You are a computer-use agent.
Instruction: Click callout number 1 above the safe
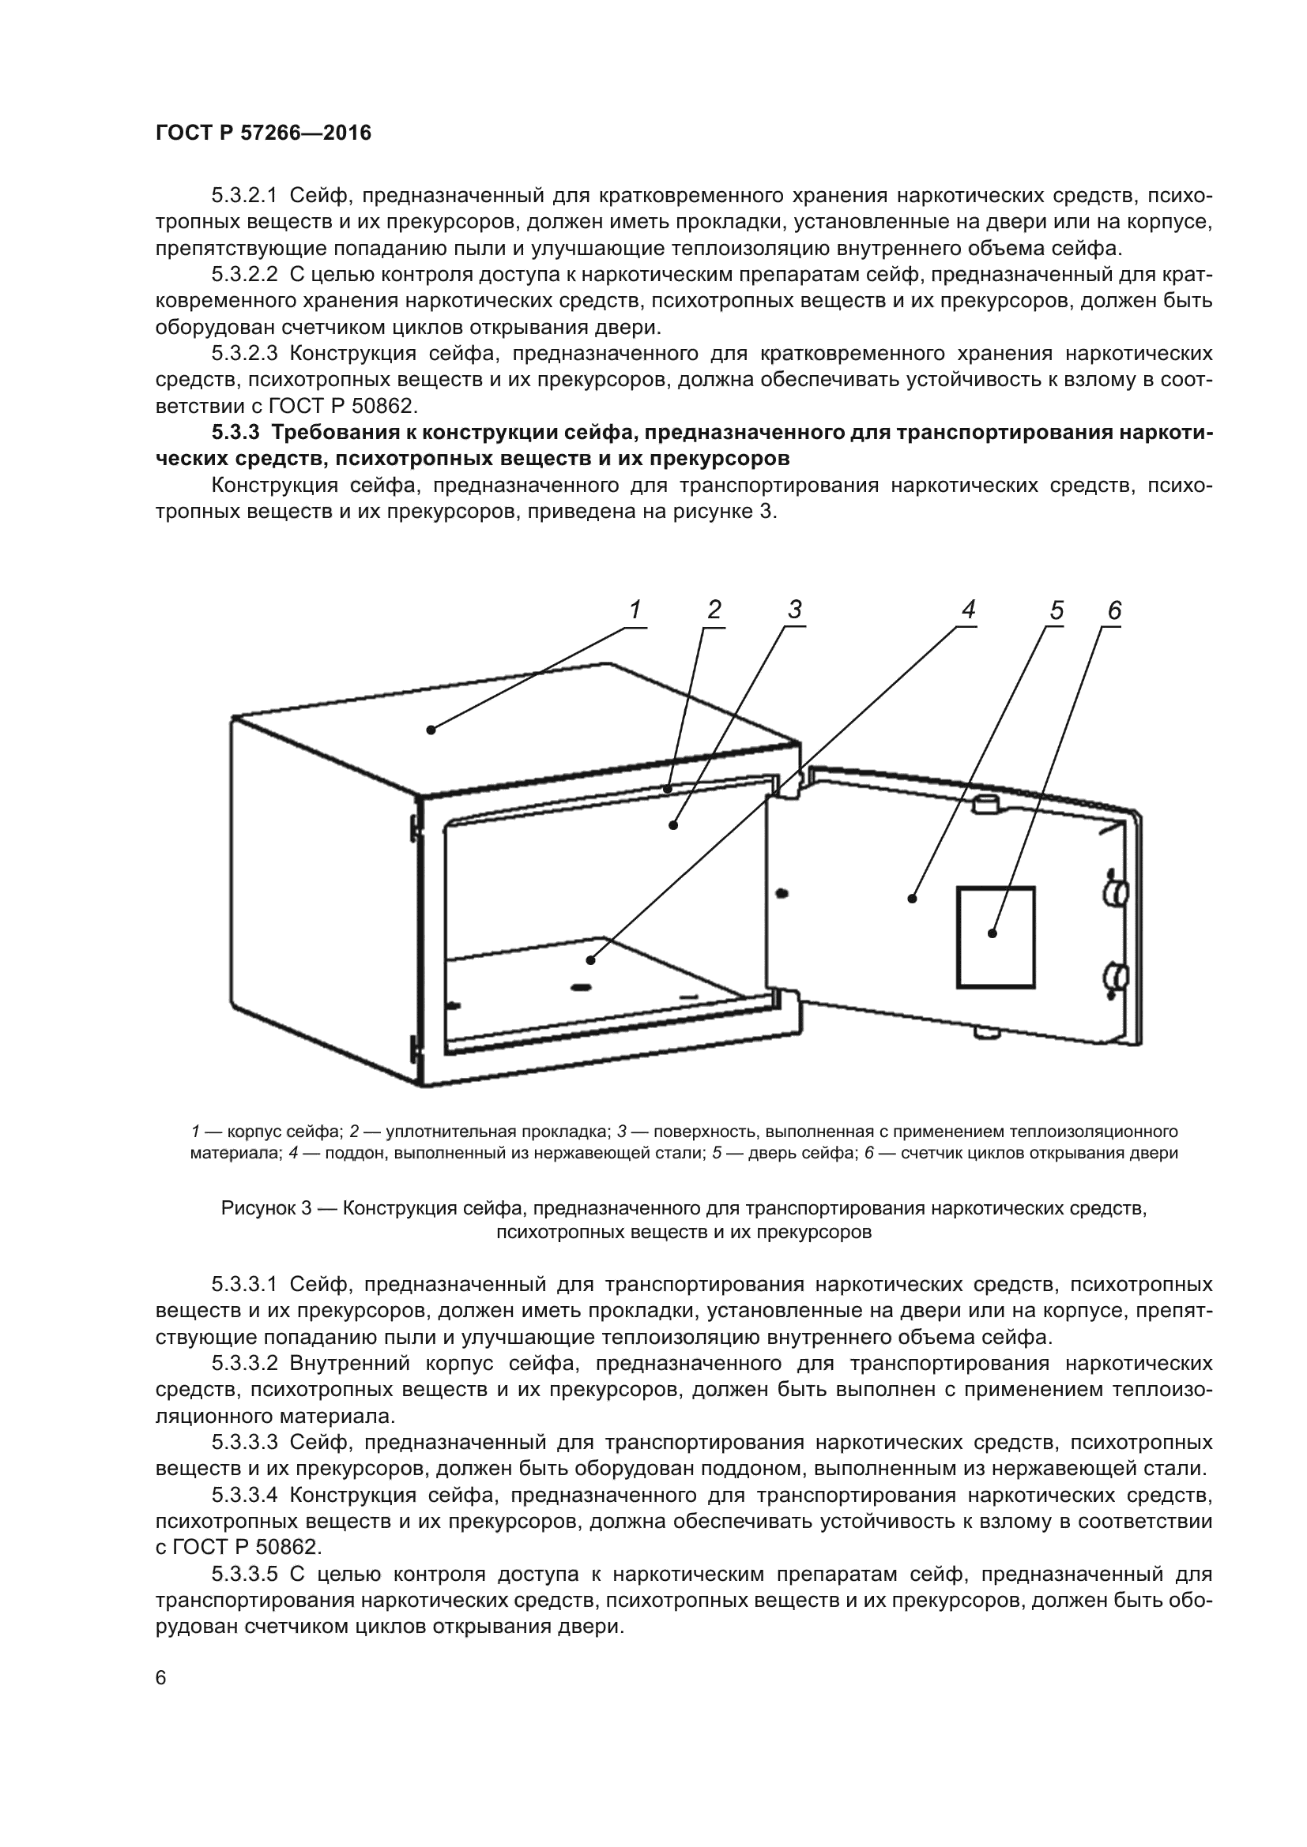coord(635,610)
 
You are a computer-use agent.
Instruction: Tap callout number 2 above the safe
coord(714,610)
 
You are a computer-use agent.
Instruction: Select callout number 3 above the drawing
coord(794,610)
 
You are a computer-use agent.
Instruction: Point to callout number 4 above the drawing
coord(968,610)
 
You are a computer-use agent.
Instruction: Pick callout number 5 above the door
coord(1056,611)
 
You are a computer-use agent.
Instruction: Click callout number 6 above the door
coord(1114,611)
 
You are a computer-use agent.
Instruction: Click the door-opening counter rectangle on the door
coord(995,937)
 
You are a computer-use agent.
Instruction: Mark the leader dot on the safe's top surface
coord(431,730)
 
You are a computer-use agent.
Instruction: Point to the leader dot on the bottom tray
coord(591,959)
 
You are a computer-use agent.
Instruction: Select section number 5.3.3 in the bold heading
coord(235,433)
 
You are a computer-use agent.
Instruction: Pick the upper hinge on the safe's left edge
coord(416,826)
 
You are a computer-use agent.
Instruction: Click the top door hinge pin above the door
coord(986,803)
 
